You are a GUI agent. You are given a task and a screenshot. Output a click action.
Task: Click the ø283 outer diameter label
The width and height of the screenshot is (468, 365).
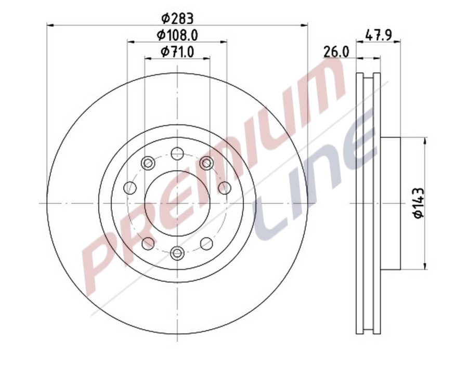tap(177, 19)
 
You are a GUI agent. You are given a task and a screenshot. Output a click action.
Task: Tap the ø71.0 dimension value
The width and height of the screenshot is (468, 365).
tap(177, 51)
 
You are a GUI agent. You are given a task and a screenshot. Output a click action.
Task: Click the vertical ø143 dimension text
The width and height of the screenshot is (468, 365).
tap(419, 203)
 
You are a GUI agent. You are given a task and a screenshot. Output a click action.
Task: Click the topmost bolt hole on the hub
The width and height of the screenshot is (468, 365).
tap(177, 153)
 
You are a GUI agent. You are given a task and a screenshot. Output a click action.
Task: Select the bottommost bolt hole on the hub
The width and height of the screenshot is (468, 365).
tap(177, 253)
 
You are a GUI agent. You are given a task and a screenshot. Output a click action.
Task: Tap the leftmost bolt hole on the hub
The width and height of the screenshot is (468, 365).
tap(130, 188)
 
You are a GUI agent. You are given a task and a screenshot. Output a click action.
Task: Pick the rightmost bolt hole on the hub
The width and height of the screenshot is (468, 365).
tap(224, 188)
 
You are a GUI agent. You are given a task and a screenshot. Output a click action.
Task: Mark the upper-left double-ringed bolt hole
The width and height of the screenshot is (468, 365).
tap(148, 163)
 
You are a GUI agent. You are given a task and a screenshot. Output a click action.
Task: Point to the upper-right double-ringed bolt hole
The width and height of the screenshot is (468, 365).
tap(206, 163)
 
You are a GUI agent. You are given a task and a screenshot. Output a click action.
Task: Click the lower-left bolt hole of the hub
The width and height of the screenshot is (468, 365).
tap(148, 243)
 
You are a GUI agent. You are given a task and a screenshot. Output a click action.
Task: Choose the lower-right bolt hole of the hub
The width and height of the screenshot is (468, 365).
tap(206, 243)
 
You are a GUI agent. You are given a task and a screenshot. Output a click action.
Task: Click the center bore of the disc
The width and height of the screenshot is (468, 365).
tap(177, 203)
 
